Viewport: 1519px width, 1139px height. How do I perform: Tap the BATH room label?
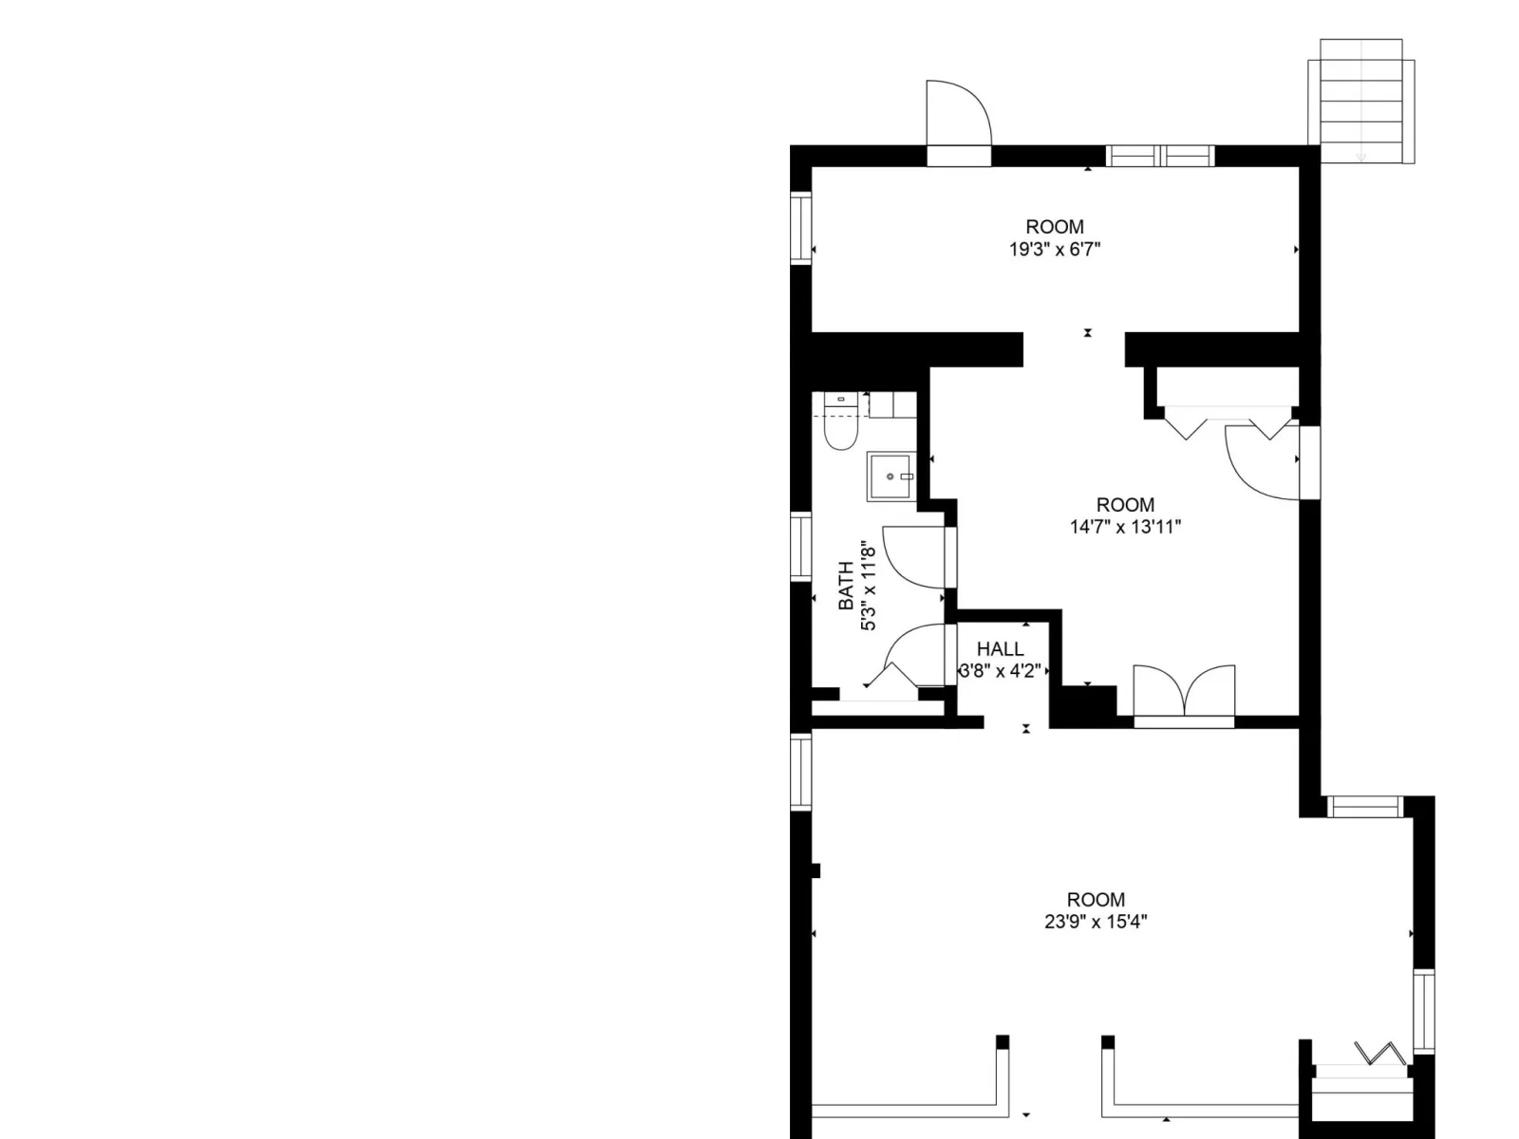point(846,586)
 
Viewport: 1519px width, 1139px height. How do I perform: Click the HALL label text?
point(1000,648)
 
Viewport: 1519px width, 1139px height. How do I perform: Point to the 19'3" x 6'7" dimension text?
point(1055,249)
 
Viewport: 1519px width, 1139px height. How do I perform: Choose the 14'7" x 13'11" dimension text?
point(1125,527)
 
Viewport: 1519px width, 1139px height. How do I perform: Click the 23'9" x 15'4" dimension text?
point(1096,922)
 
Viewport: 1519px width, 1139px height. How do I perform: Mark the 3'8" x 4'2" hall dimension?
point(1000,671)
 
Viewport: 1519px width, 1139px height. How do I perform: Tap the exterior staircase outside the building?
point(1360,102)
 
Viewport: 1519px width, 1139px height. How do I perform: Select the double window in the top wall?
point(1160,156)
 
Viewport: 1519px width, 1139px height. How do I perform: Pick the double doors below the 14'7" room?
point(1184,691)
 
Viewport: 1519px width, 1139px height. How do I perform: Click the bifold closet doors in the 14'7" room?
point(1228,422)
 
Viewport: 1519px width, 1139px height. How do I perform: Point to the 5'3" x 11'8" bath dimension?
point(868,586)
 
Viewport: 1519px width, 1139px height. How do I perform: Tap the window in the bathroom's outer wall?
point(800,547)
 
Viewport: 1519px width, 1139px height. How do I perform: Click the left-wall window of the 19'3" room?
point(800,228)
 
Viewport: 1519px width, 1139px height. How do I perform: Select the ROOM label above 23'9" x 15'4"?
point(1096,900)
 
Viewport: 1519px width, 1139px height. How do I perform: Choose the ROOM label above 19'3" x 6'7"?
point(1055,227)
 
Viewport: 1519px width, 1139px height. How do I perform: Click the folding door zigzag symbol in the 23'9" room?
point(1379,1054)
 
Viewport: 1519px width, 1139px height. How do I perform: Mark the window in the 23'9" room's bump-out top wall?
point(1364,807)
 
